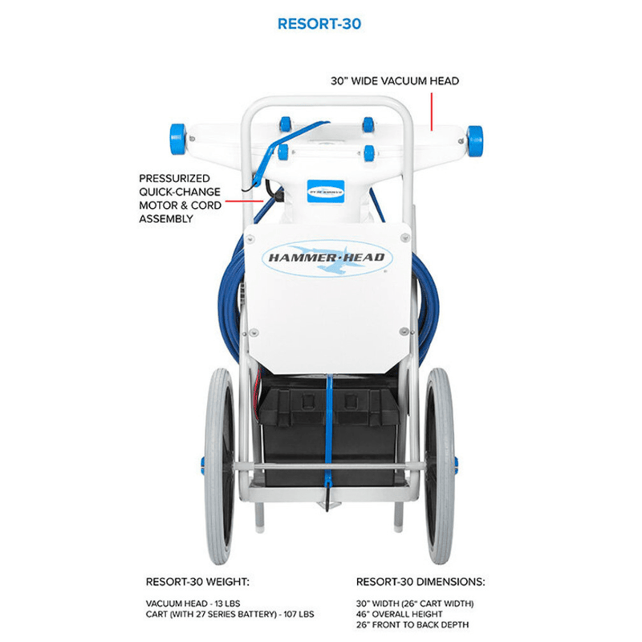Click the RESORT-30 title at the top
pyautogui.click(x=319, y=24)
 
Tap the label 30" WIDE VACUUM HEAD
pyautogui.click(x=395, y=81)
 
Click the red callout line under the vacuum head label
pyautogui.click(x=432, y=112)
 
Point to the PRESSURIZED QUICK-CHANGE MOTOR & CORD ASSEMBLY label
pyautogui.click(x=180, y=198)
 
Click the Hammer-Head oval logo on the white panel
pyautogui.click(x=327, y=258)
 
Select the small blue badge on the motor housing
pyautogui.click(x=326, y=191)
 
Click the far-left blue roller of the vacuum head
pyautogui.click(x=178, y=139)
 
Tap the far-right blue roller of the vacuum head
pyautogui.click(x=475, y=140)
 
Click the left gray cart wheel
pyautogui.click(x=219, y=465)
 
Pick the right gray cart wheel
pyautogui.click(x=440, y=465)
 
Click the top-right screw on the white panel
pyautogui.click(x=405, y=237)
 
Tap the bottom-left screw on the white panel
pyautogui.click(x=254, y=332)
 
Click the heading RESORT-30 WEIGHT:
pyautogui.click(x=197, y=582)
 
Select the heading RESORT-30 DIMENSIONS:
pyautogui.click(x=421, y=582)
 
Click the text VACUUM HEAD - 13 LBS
pyautogui.click(x=193, y=603)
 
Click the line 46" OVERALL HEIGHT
pyautogui.click(x=399, y=614)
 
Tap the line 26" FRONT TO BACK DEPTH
pyautogui.click(x=412, y=625)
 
